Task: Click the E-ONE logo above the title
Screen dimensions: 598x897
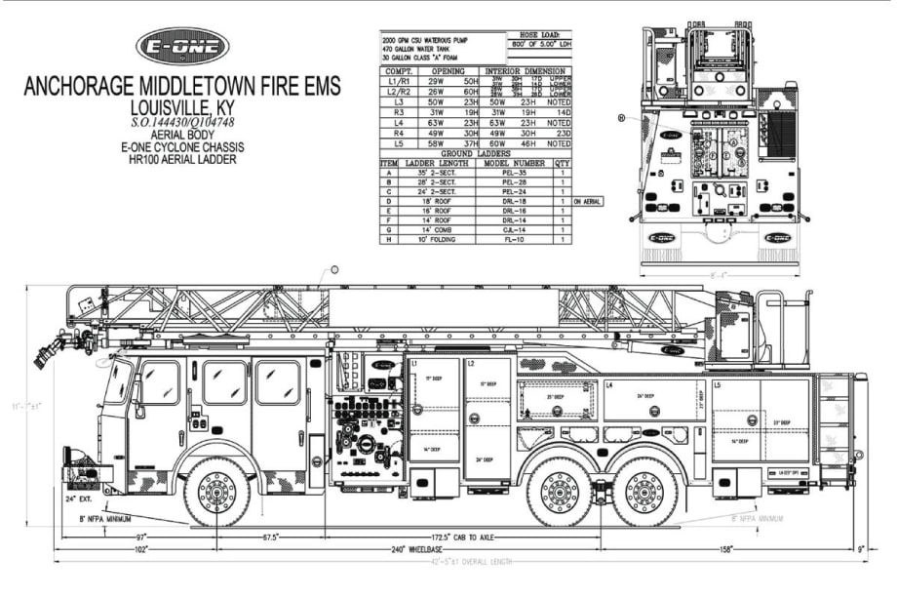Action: click(x=182, y=46)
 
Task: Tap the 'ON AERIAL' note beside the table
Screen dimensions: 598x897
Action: click(x=589, y=201)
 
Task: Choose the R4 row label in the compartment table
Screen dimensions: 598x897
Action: click(x=398, y=134)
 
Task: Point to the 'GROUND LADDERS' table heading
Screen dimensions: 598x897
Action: click(x=475, y=154)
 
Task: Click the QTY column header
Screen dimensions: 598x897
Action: click(x=563, y=163)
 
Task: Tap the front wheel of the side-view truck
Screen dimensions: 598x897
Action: click(x=216, y=491)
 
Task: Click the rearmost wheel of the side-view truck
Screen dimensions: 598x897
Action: click(x=644, y=491)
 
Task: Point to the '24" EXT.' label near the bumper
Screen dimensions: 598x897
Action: click(x=80, y=498)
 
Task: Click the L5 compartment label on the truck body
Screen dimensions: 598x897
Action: click(x=720, y=387)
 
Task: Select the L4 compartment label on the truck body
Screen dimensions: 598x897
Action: click(x=609, y=386)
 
